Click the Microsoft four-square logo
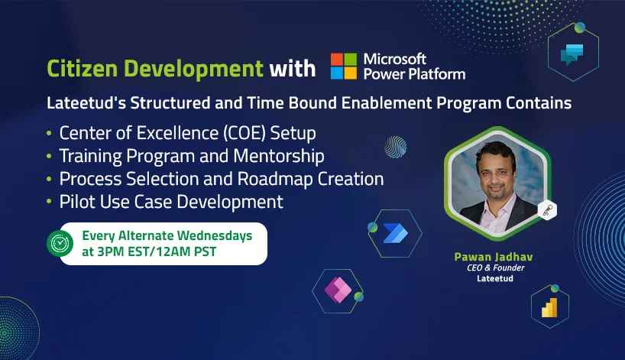tap(344, 66)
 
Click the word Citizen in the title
tap(83, 69)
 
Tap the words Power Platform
tap(415, 74)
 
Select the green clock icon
tap(60, 243)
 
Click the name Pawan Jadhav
tap(494, 257)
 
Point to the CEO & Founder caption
tap(495, 268)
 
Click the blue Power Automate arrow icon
tap(396, 233)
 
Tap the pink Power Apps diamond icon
tap(338, 290)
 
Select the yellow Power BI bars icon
tap(549, 307)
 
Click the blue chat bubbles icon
tap(572, 54)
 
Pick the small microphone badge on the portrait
tap(547, 210)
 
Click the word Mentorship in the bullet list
tap(279, 156)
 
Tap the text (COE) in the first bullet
tap(244, 133)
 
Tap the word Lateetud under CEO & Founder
tap(495, 278)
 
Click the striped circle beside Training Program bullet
tap(396, 147)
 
